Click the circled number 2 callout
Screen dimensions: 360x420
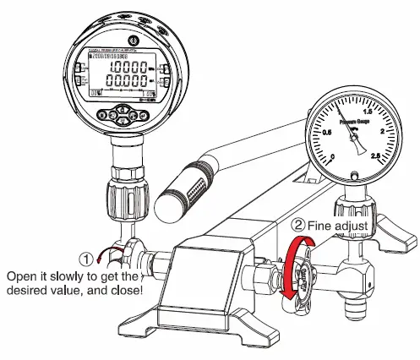(x=297, y=226)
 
